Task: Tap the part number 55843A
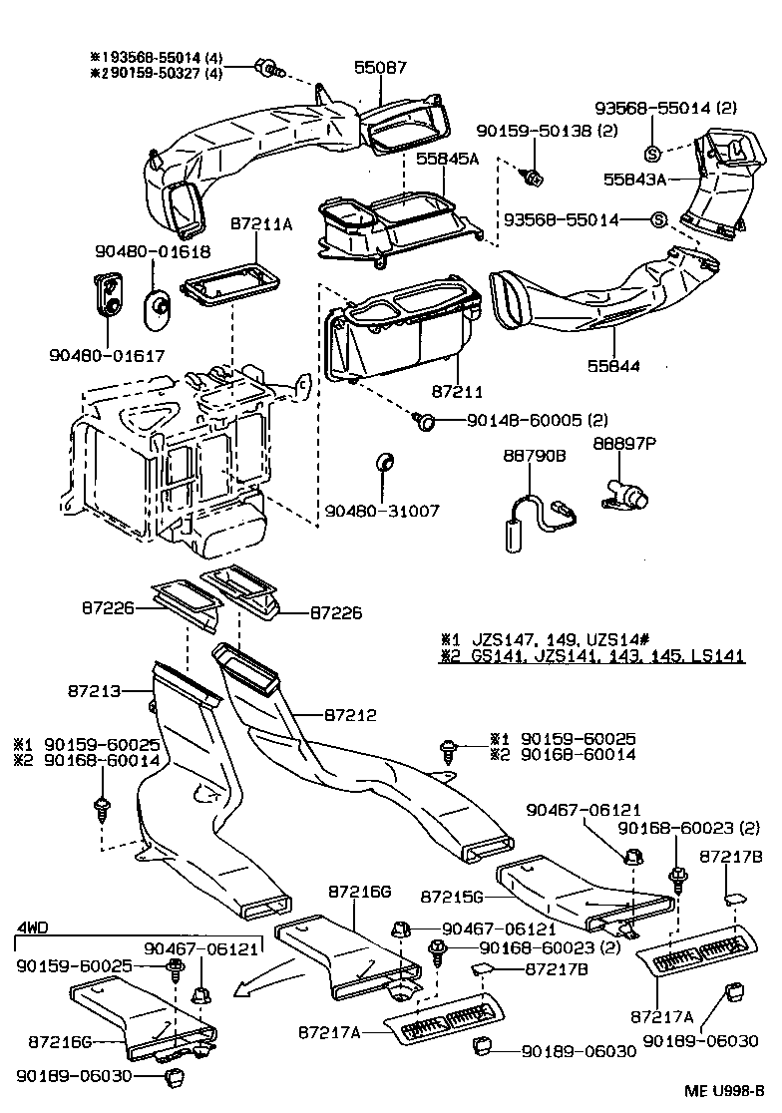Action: coord(633,180)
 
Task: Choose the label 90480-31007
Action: coord(382,511)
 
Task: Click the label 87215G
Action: coord(452,897)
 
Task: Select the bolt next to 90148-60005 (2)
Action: coord(426,423)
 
